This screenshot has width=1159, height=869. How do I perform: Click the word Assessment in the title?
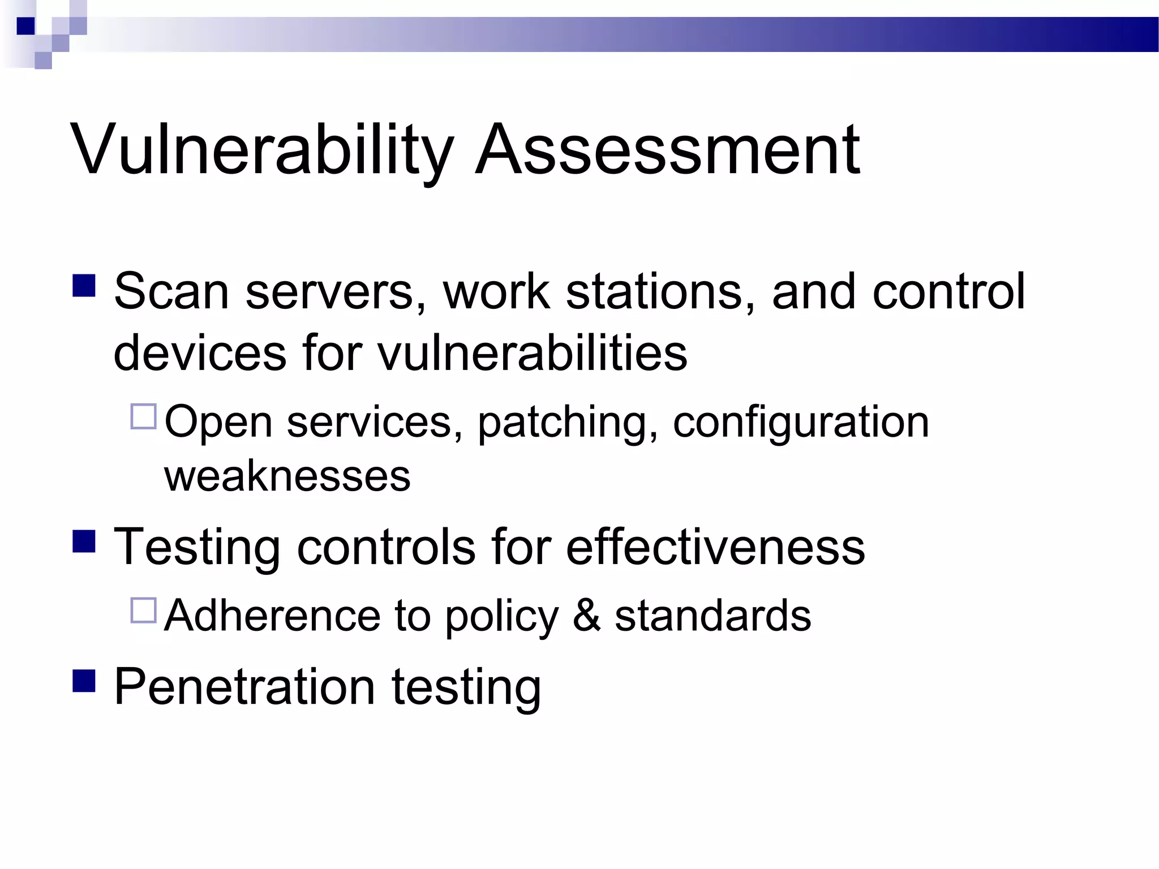(x=668, y=150)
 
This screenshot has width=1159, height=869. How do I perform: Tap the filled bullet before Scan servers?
(x=84, y=286)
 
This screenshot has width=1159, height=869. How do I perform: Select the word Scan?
(x=171, y=292)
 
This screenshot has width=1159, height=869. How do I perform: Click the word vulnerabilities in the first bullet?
(x=532, y=354)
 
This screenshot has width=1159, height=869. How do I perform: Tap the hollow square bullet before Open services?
(x=143, y=416)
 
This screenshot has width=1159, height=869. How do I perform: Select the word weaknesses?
(x=287, y=476)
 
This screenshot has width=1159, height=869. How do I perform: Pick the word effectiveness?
(x=715, y=547)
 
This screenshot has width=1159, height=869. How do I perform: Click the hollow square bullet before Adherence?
(x=143, y=610)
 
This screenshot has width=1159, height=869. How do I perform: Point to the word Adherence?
(x=272, y=616)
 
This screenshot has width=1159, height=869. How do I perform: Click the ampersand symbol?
(x=586, y=616)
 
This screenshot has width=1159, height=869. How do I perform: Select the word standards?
(x=712, y=616)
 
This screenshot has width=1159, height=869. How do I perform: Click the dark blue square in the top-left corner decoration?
(x=26, y=26)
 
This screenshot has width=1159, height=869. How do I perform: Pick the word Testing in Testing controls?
(x=197, y=548)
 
